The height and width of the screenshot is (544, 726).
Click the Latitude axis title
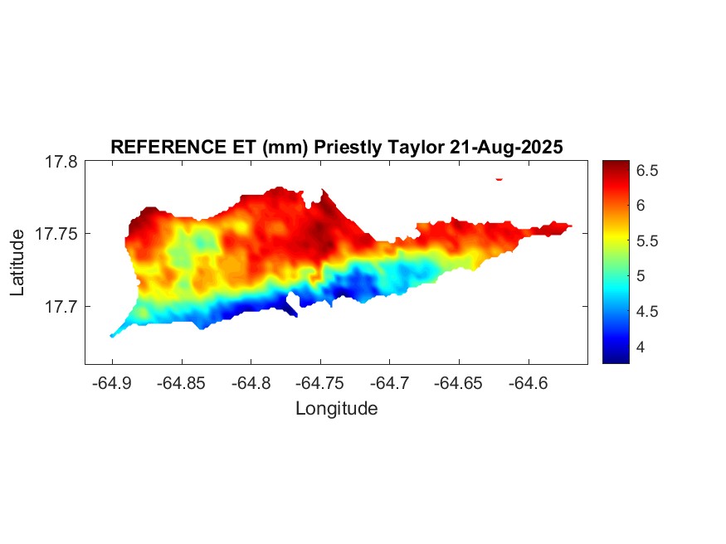click(17, 263)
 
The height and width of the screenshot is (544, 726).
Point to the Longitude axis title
click(336, 409)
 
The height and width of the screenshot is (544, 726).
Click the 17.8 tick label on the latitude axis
click(61, 163)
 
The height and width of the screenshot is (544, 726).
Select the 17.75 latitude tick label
click(56, 235)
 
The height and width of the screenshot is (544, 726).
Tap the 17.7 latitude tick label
click(61, 307)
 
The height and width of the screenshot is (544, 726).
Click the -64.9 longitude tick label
click(112, 384)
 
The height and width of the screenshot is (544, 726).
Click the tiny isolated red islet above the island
click(499, 178)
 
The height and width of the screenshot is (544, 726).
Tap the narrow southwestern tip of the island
click(113, 335)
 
